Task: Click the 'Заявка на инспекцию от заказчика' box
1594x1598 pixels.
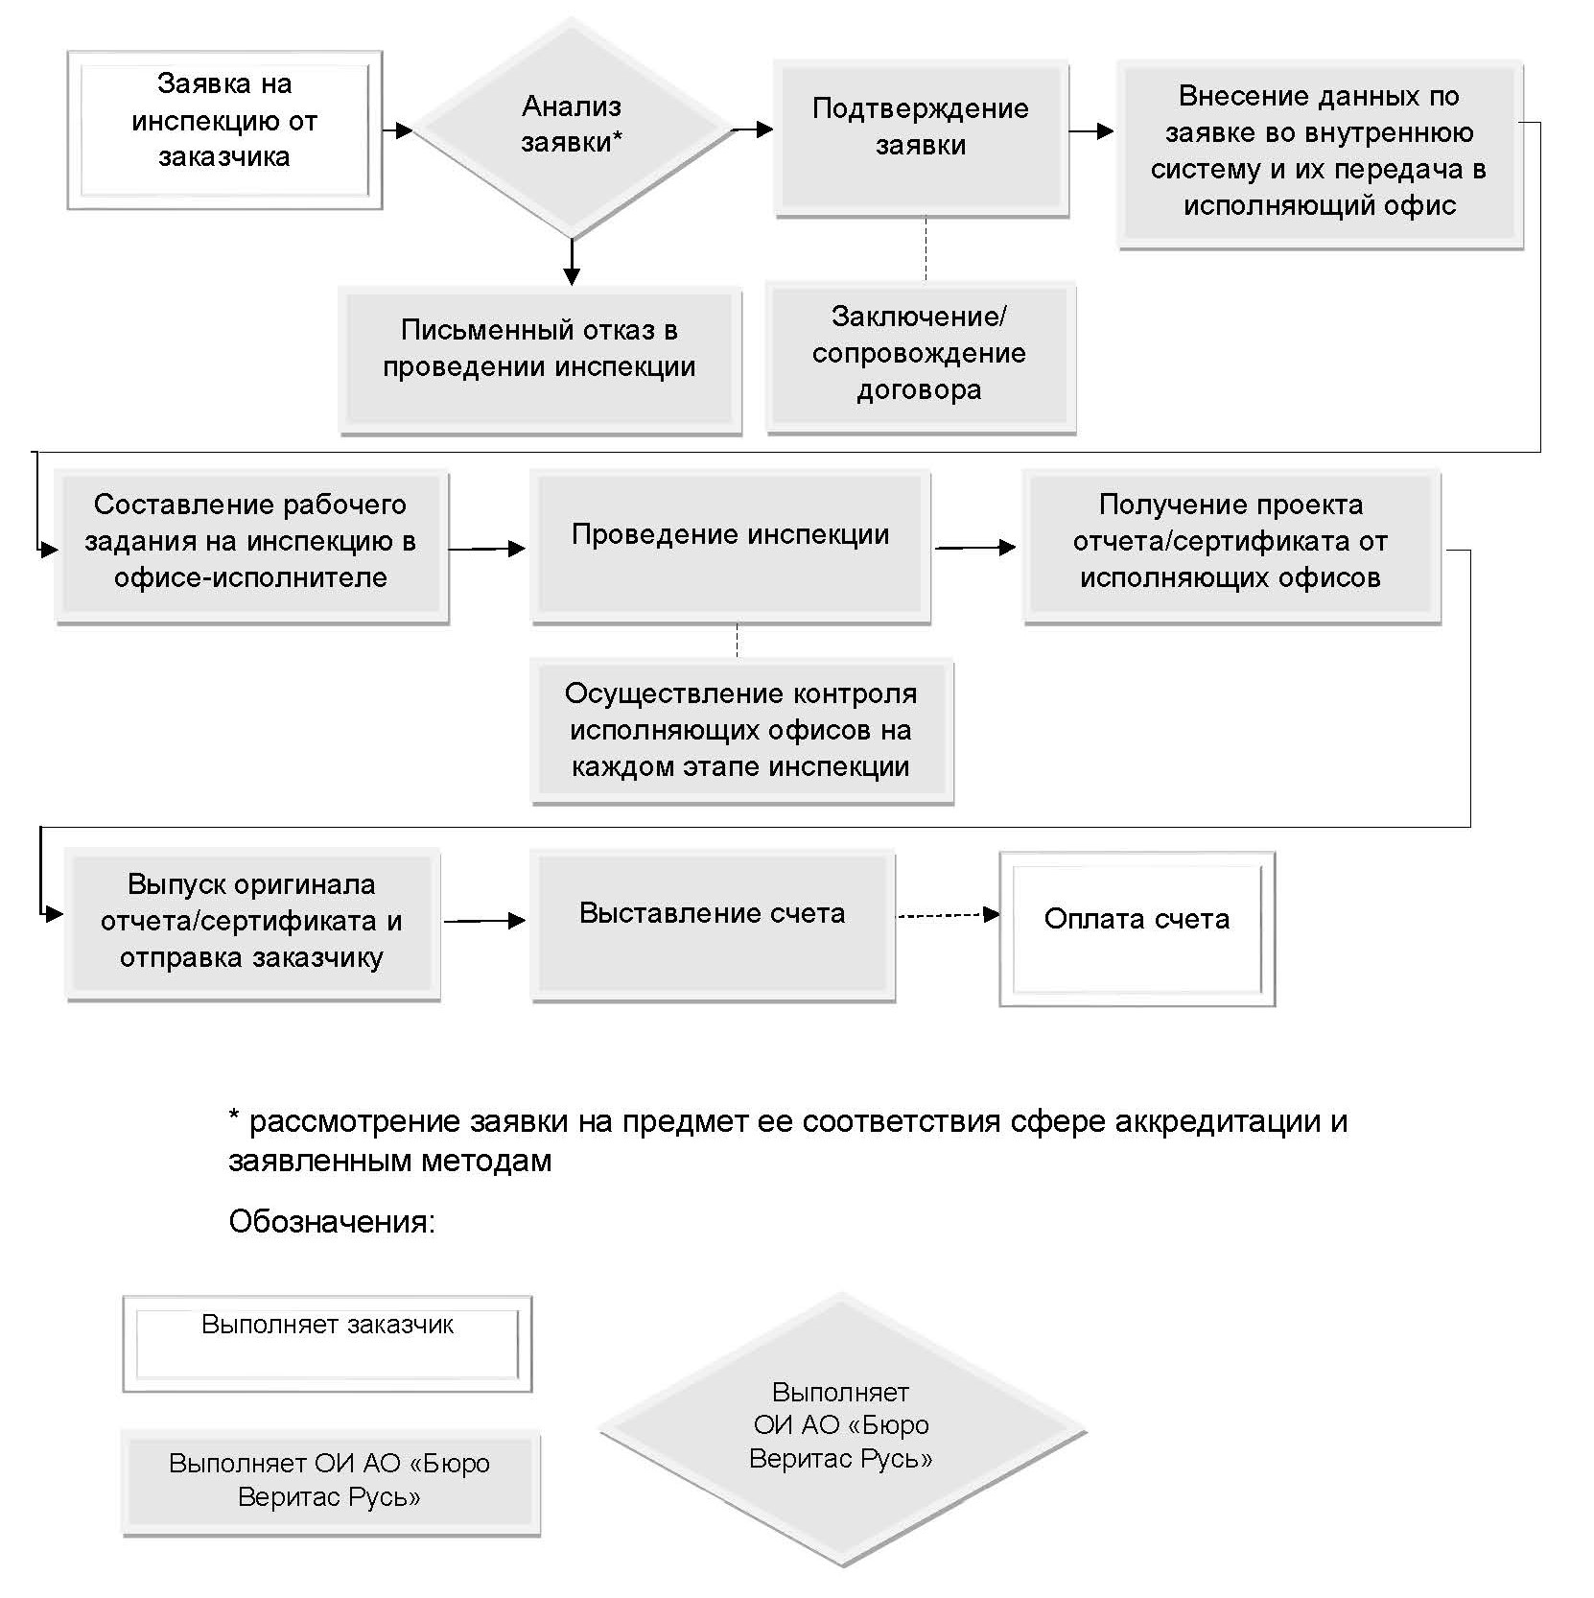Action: tap(224, 130)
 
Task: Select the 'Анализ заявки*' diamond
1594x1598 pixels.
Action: tap(572, 129)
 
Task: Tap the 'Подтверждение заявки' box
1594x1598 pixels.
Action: tap(921, 139)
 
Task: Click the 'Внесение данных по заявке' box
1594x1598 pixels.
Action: tap(1320, 155)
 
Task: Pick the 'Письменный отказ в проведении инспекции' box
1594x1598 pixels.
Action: tap(540, 359)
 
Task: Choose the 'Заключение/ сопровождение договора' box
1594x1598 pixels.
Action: tap(921, 357)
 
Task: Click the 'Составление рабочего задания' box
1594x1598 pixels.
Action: tap(251, 547)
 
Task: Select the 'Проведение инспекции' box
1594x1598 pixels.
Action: tap(731, 547)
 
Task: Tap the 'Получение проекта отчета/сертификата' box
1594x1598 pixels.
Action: tap(1231, 547)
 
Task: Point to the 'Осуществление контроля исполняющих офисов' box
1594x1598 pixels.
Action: tap(742, 731)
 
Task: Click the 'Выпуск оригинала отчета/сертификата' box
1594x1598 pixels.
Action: tap(252, 925)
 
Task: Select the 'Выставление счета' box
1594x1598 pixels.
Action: tap(713, 925)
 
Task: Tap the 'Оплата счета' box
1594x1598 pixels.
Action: tap(1137, 928)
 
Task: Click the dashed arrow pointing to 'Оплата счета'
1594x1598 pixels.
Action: tap(948, 916)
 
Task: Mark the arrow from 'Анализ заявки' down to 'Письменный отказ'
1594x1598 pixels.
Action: tap(572, 261)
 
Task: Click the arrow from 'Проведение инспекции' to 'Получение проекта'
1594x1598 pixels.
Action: tap(975, 548)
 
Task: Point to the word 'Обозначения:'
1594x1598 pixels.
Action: tap(332, 1222)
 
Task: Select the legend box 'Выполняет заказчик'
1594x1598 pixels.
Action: tap(327, 1343)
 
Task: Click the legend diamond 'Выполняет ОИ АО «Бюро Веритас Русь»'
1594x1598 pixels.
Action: tap(842, 1428)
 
